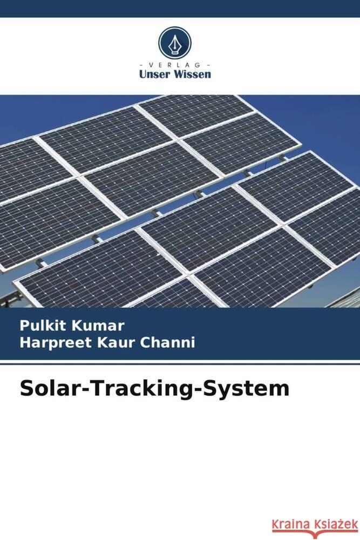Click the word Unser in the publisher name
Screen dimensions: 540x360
154,75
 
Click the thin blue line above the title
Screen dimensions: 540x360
180,364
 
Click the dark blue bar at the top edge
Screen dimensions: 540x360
180,8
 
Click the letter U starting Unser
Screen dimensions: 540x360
142,75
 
